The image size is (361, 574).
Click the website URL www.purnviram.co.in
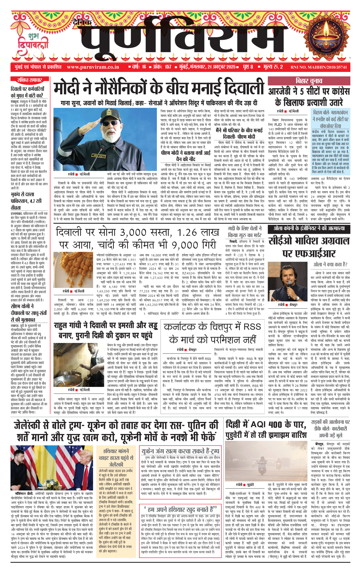(x=93, y=67)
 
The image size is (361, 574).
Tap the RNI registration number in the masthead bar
(x=319, y=67)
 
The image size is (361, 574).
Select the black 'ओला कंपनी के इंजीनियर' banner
(x=309, y=228)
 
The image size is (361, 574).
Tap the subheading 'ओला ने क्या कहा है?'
(x=330, y=264)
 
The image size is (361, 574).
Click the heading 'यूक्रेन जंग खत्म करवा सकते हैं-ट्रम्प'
(x=180, y=451)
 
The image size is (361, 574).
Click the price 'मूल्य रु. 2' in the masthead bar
(x=273, y=67)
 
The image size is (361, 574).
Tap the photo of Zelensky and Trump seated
(x=52, y=464)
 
